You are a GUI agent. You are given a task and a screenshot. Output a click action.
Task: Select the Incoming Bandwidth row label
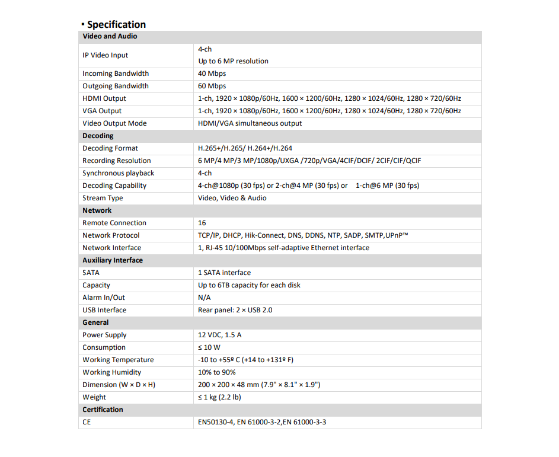116,73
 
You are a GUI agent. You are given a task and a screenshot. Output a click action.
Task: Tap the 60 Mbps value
212,86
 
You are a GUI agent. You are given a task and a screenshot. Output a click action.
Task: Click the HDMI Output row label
104,98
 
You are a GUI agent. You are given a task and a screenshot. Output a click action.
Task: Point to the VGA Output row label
102,111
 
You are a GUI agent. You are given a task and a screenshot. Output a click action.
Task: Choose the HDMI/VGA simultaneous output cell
250,123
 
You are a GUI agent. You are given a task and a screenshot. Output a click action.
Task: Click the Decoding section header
98,136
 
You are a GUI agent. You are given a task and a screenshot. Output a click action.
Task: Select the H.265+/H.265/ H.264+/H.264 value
245,148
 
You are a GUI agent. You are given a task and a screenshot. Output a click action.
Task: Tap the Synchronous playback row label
118,173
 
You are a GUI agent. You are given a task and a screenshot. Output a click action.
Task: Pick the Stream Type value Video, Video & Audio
232,198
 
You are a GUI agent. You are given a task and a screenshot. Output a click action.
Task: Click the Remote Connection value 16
202,223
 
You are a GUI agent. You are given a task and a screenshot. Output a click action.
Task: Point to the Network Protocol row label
111,235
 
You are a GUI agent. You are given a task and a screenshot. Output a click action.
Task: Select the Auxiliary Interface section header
113,260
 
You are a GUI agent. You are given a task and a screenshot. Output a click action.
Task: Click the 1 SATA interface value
224,273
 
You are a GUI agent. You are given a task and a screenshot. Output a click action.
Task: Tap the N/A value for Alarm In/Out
204,298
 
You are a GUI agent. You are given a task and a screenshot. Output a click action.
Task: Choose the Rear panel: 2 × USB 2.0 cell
235,310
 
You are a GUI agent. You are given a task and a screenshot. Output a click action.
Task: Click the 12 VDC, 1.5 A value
219,335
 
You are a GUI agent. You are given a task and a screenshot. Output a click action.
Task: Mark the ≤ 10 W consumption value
209,347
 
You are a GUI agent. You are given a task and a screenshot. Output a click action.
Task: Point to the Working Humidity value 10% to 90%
216,372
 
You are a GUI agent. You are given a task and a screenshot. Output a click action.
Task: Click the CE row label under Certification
87,422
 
